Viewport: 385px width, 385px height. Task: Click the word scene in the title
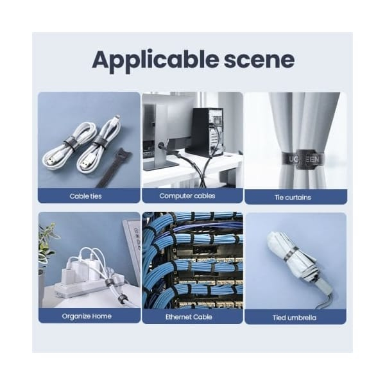[x=259, y=60]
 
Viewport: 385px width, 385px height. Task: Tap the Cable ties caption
[x=85, y=196]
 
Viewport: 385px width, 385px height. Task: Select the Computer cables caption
[x=187, y=196]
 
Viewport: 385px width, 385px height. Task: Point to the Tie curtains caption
[x=293, y=198]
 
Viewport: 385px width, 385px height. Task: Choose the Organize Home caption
[x=87, y=316]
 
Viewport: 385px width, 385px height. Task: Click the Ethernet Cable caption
[x=189, y=317]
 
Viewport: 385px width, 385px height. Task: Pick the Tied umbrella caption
[x=294, y=318]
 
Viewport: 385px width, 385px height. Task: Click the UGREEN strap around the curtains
[x=303, y=159]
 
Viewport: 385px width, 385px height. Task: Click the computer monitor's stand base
[x=161, y=164]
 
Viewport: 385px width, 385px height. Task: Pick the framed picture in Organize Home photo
[x=133, y=248]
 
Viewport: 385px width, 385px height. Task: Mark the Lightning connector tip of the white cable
[x=118, y=117]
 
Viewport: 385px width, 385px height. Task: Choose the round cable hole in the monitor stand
[x=161, y=145]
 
